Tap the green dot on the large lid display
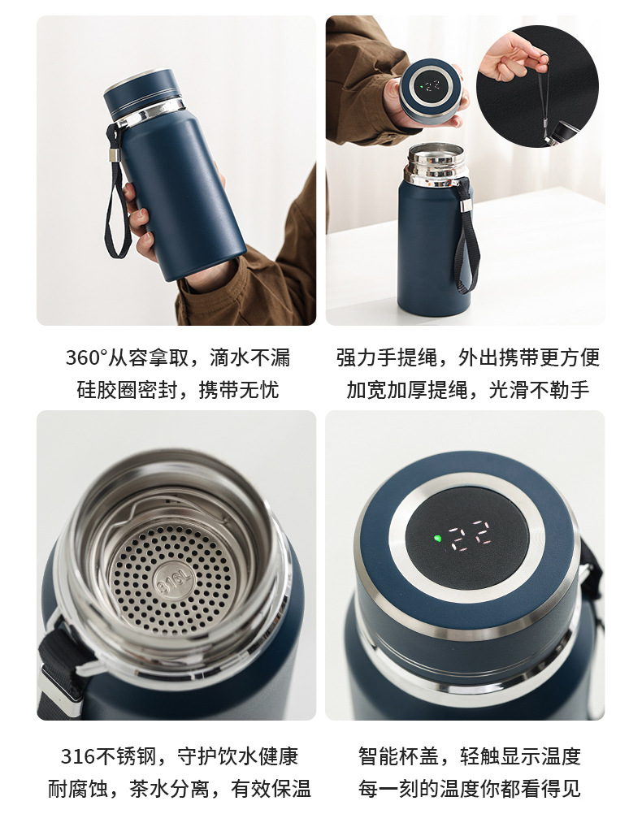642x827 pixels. point(436,539)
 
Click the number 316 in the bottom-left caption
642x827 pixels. point(77,756)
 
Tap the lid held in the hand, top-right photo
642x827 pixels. point(432,91)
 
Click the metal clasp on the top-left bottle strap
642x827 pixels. point(113,154)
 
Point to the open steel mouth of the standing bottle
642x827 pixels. point(436,163)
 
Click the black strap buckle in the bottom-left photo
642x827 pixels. point(63,667)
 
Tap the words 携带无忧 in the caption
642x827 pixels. point(238,390)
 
